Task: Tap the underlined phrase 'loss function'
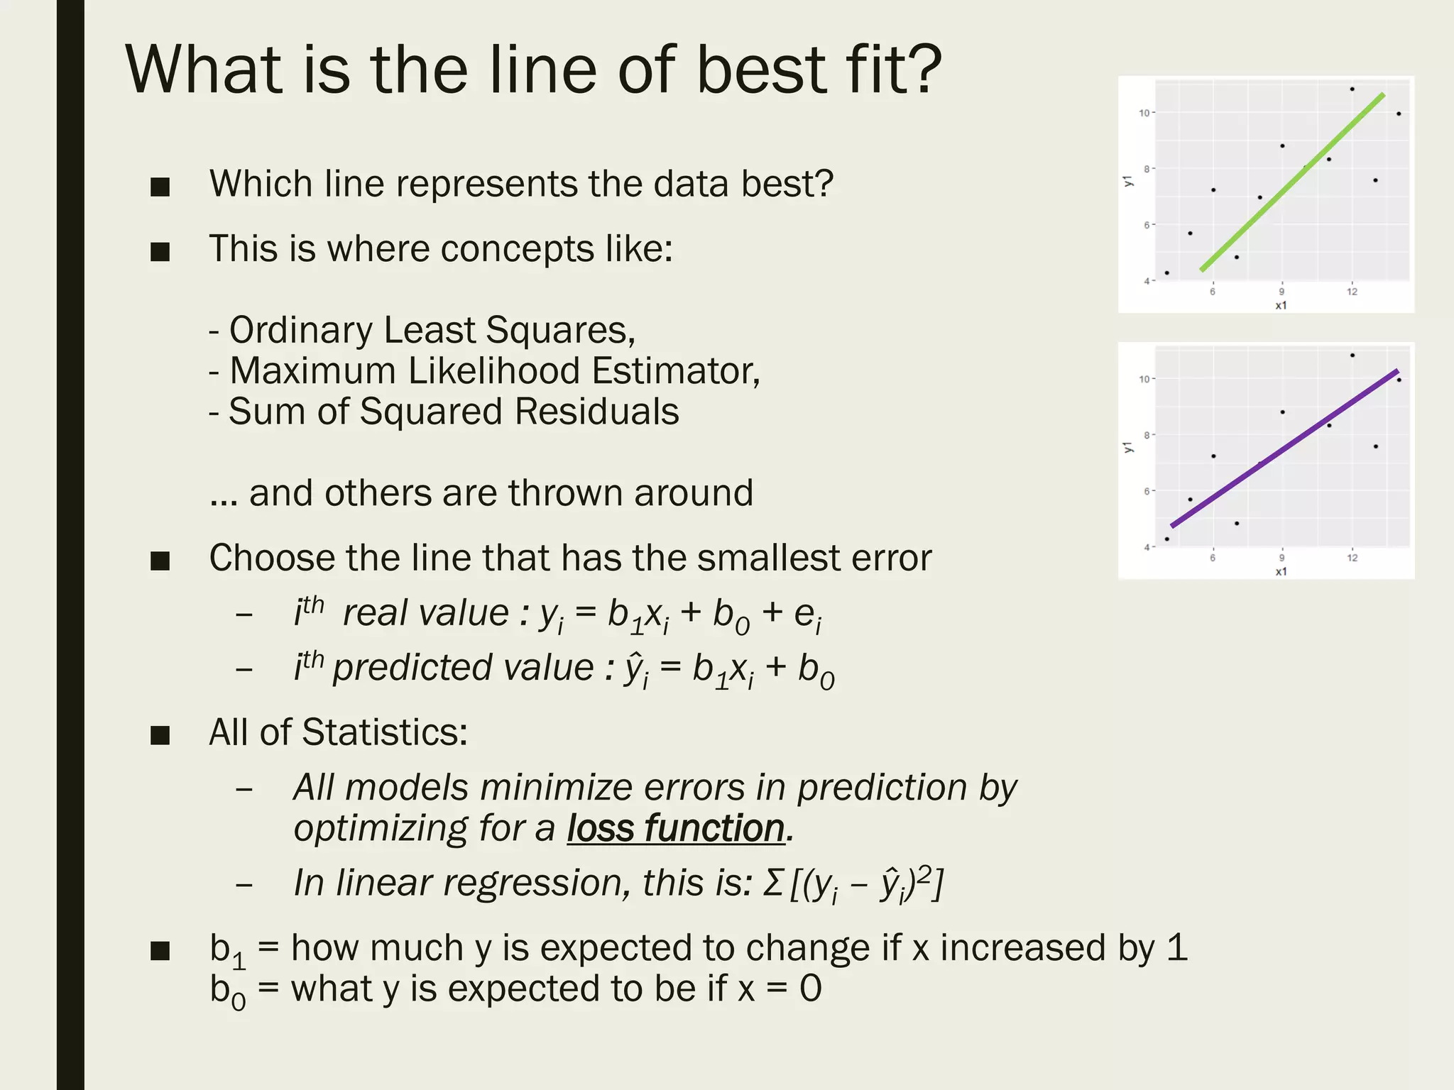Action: pyautogui.click(x=675, y=828)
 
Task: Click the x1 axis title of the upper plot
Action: pyautogui.click(x=1281, y=306)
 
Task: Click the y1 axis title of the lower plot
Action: pyautogui.click(x=1127, y=447)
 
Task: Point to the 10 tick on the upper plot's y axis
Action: pyautogui.click(x=1143, y=113)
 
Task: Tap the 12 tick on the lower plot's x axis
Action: pyautogui.click(x=1352, y=558)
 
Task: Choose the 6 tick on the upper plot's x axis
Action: pyautogui.click(x=1213, y=292)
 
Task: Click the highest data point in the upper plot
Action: pyautogui.click(x=1352, y=89)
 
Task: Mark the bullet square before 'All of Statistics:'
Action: pyautogui.click(x=160, y=734)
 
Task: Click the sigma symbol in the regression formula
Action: pyautogui.click(x=772, y=883)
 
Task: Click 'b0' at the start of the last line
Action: pyautogui.click(x=227, y=991)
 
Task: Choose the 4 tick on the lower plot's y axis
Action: pyautogui.click(x=1147, y=547)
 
